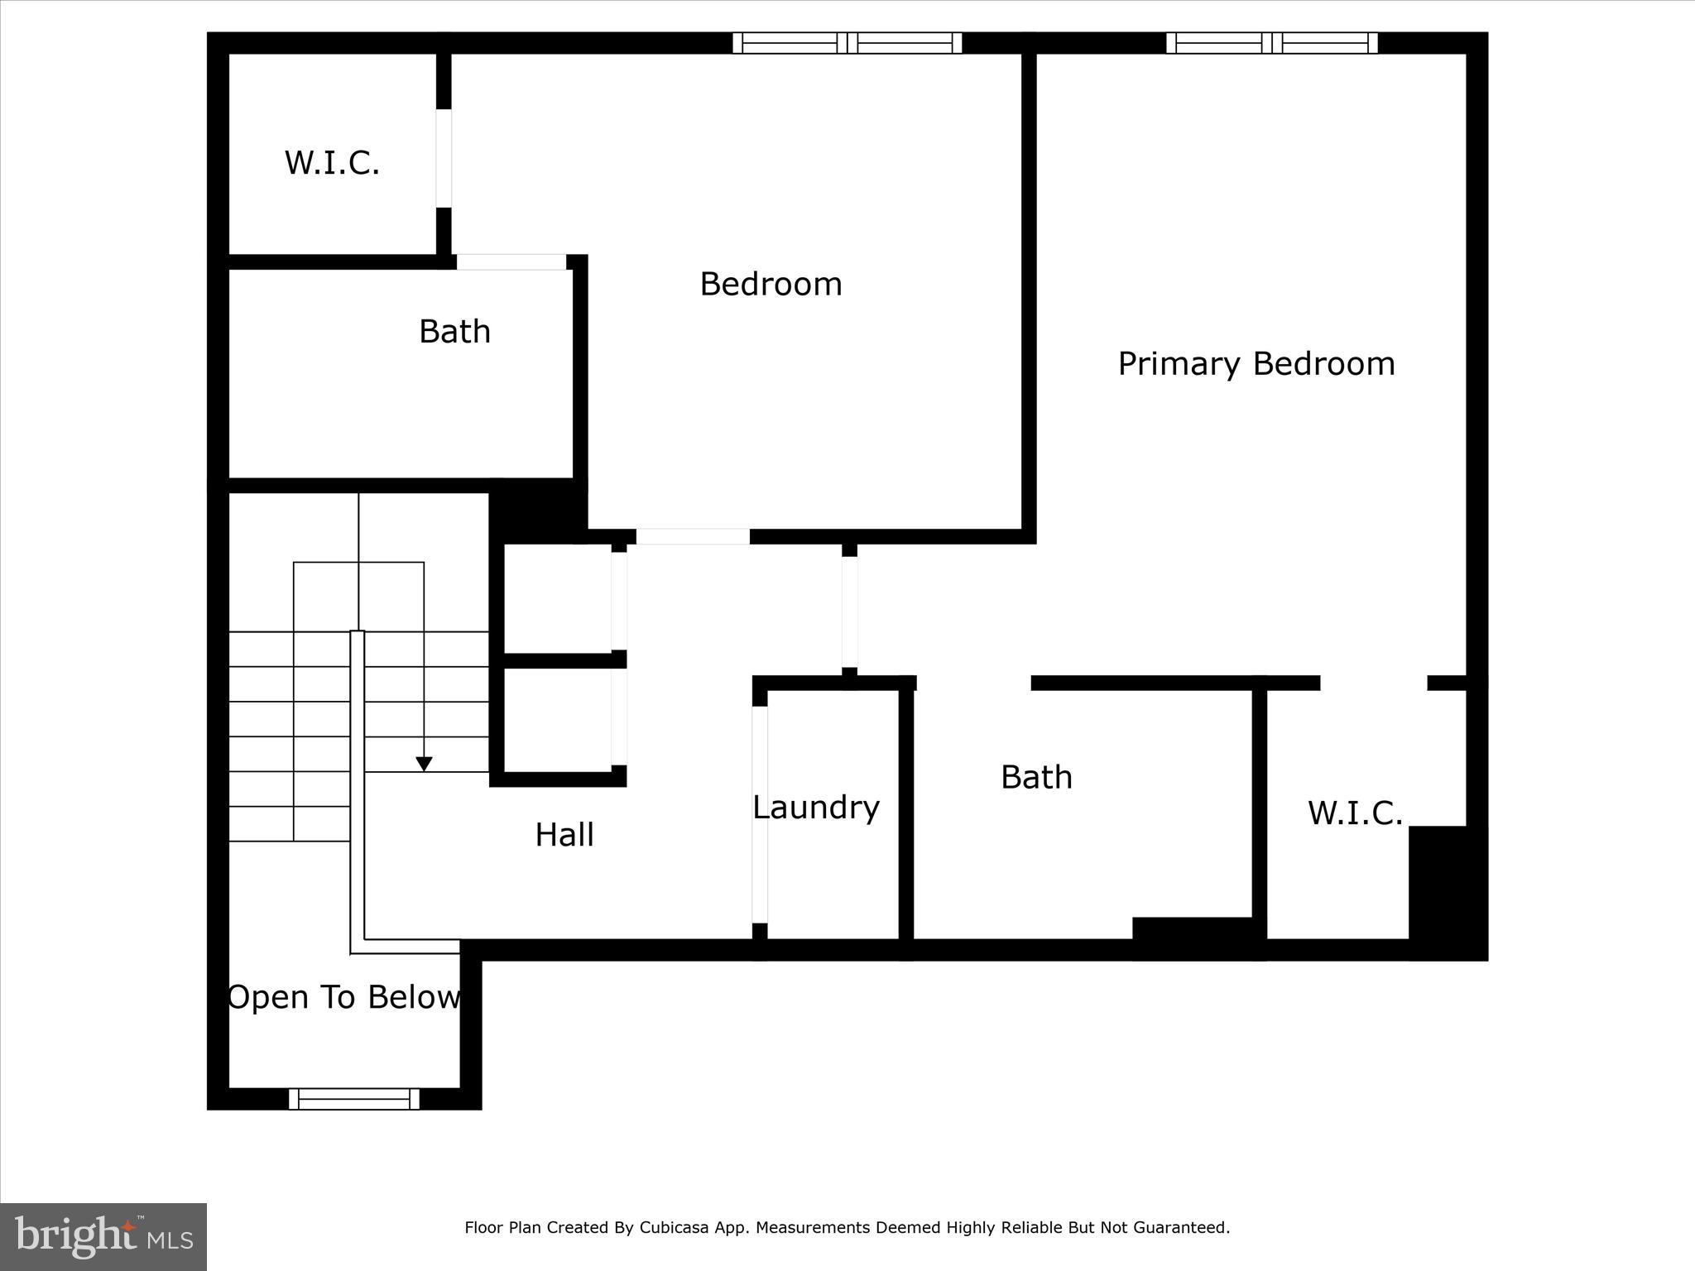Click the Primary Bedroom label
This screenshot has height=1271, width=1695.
pos(1256,364)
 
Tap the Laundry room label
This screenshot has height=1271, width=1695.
pos(816,808)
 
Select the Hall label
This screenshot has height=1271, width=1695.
pos(564,835)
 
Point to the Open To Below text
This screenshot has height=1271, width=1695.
pos(344,997)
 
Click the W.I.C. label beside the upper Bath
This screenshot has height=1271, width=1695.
pos(332,163)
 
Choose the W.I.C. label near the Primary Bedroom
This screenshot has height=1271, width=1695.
pos(1355,813)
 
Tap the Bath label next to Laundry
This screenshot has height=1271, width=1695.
pos(1036,777)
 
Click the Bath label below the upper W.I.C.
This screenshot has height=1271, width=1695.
pos(454,332)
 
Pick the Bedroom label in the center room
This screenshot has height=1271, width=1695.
pos(771,284)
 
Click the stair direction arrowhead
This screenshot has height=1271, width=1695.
pos(424,764)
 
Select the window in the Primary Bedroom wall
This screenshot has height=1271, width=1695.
pos(1272,42)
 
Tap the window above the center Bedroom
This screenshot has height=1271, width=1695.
pos(847,42)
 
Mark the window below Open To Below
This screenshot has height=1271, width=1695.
pos(354,1099)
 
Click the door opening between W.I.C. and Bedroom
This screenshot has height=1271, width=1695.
pos(444,158)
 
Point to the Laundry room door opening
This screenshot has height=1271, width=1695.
pos(760,814)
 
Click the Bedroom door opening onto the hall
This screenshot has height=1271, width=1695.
pos(693,536)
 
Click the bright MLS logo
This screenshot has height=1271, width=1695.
pos(103,1236)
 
